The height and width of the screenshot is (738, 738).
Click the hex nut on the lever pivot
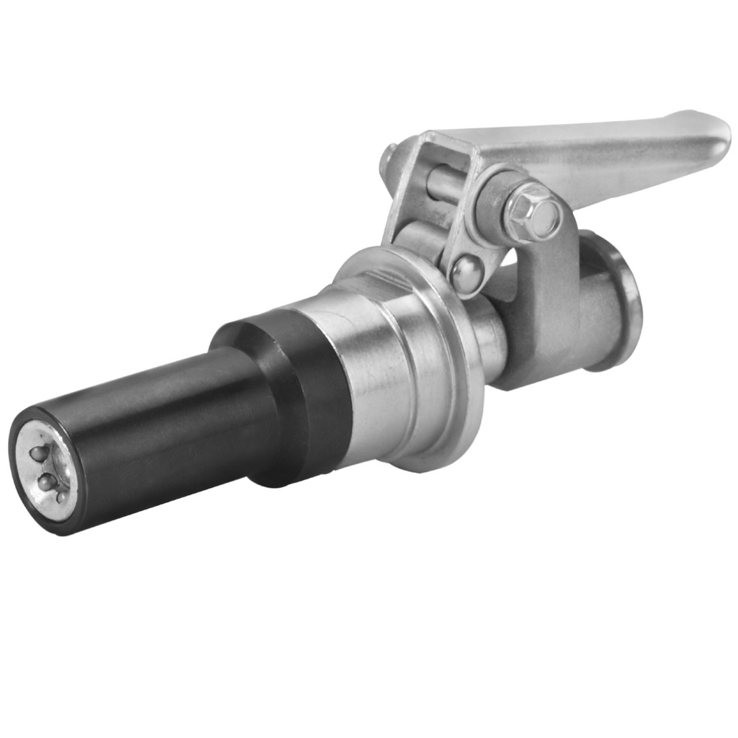pyautogui.click(x=532, y=210)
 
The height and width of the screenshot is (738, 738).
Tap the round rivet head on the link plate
pyautogui.click(x=466, y=272)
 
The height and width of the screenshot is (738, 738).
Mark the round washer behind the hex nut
pyautogui.click(x=497, y=209)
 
